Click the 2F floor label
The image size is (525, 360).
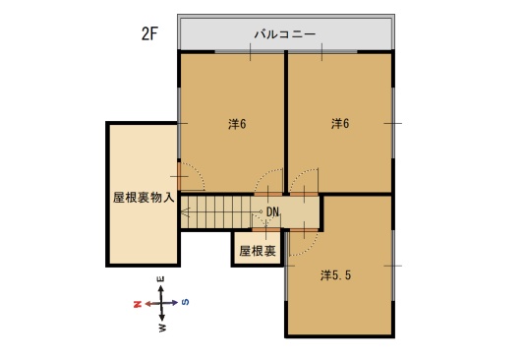[x=149, y=33]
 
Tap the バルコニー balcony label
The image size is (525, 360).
[x=284, y=34]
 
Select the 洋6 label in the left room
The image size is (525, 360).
[x=237, y=124]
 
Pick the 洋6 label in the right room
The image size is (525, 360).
[x=340, y=124]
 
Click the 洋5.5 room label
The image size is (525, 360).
[x=335, y=275]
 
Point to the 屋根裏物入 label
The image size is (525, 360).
[x=144, y=198]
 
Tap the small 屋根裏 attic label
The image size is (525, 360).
[x=258, y=251]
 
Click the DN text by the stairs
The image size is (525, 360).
[x=272, y=211]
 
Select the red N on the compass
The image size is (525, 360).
[x=138, y=304]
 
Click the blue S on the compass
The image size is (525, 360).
[x=185, y=302]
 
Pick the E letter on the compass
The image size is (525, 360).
[x=161, y=279]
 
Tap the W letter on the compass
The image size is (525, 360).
[x=162, y=328]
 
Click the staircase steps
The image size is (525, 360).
[x=216, y=212]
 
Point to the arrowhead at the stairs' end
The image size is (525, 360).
[x=185, y=212]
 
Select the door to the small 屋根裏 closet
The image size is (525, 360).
[x=265, y=230]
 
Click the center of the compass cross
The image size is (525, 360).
[x=161, y=303]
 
